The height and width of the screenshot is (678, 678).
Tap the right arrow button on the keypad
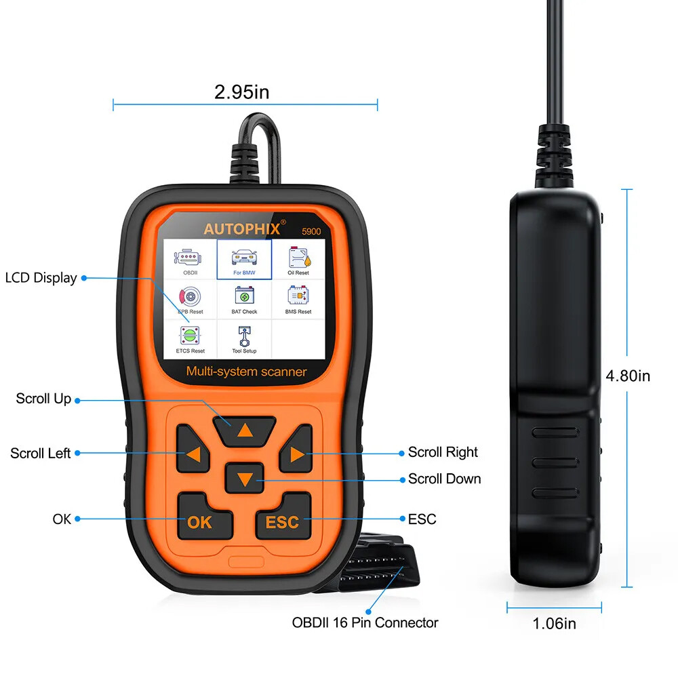296,454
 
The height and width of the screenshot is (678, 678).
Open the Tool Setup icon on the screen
244,338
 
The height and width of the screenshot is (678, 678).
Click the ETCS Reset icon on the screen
190,338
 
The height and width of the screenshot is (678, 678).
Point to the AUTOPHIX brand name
242,228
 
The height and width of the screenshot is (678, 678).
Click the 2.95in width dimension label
241,92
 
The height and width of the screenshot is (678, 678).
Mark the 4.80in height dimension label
627,375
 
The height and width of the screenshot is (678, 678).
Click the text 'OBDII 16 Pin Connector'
365,622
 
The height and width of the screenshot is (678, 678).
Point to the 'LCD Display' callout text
41,277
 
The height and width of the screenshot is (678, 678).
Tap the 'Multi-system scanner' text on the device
246,372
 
